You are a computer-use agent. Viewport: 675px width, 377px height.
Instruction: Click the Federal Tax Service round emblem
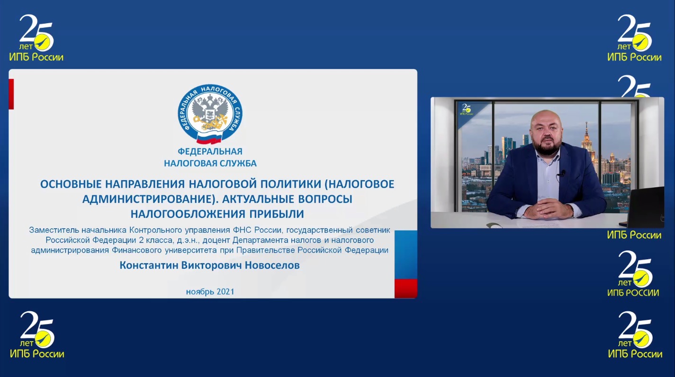pos(210,113)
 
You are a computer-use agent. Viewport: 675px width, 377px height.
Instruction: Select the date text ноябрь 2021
pos(210,291)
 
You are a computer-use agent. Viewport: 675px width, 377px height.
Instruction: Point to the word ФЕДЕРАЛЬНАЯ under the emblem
pos(210,151)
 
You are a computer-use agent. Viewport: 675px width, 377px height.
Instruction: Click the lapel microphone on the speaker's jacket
pos(562,173)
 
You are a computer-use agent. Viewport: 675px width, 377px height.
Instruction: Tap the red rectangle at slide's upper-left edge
pos(11,94)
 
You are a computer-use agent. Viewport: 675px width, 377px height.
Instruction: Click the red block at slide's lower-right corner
pos(406,288)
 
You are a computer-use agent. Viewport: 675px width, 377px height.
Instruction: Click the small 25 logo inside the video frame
pos(467,109)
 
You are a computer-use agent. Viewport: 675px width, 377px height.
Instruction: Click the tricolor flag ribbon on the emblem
pos(209,138)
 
